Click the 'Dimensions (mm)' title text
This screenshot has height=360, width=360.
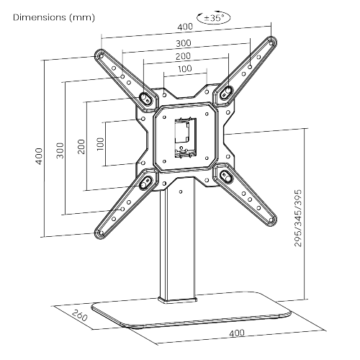pos(48,17)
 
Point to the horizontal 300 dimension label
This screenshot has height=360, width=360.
pos(184,43)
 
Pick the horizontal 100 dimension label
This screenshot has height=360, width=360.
pos(184,69)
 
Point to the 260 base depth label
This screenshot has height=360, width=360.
pos(79,317)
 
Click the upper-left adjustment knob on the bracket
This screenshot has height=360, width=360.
pos(146,96)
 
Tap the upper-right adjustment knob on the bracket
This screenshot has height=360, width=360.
pos(225,92)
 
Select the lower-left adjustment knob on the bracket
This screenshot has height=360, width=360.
pos(145,181)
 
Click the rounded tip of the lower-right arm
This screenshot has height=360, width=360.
pos(271,219)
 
